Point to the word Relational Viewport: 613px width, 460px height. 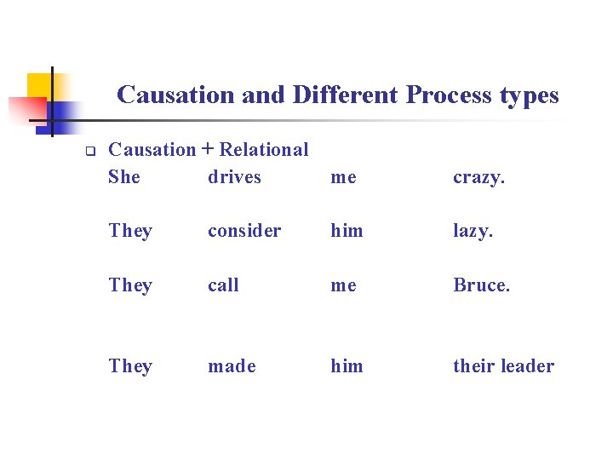point(264,150)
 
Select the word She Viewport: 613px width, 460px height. point(124,177)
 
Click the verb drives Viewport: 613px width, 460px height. point(234,177)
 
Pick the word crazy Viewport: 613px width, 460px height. point(478,177)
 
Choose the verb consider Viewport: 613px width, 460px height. point(244,231)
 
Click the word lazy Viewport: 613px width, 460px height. point(473,231)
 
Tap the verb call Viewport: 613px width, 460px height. point(223,285)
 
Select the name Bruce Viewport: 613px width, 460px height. point(481,285)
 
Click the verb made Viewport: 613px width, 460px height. point(232,366)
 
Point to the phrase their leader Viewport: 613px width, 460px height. point(503,366)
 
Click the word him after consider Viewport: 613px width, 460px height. point(347,231)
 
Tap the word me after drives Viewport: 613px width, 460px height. point(343,177)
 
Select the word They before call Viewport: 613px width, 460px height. point(130,285)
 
